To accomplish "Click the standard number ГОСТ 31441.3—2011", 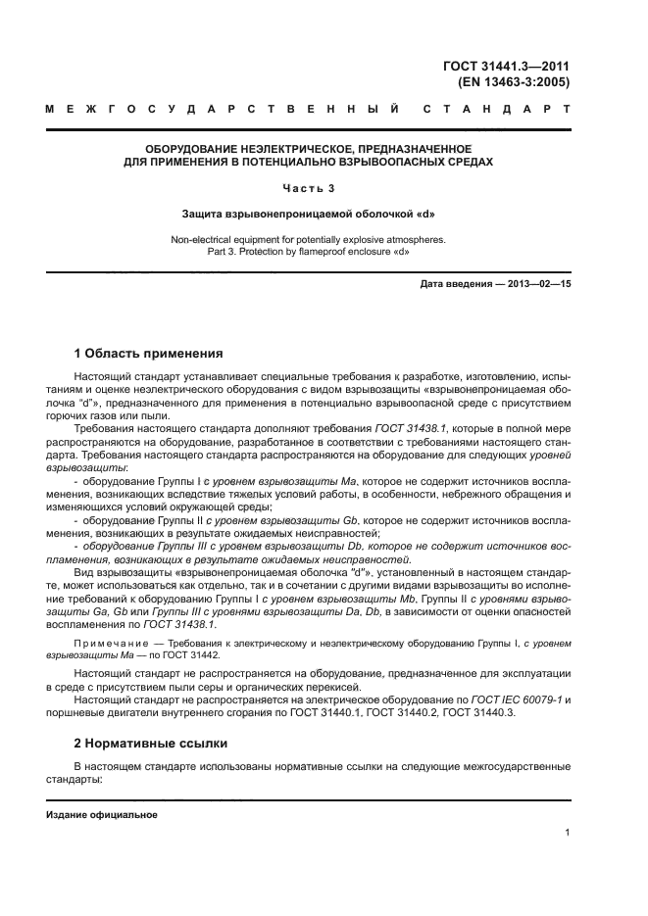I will [x=507, y=67].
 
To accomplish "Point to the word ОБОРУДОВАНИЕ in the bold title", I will [x=185, y=149].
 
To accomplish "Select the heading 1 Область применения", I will [x=149, y=353].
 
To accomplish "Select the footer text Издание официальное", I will [x=102, y=815].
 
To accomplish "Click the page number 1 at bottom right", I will [x=567, y=833].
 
